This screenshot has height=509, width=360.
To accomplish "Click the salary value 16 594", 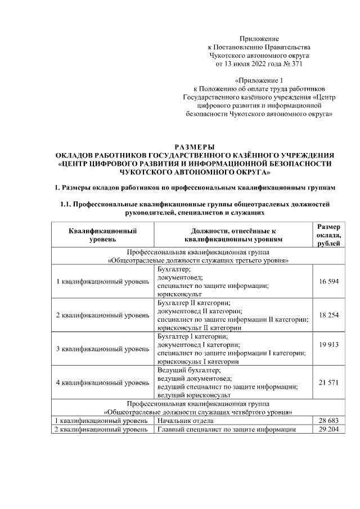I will coord(328,281).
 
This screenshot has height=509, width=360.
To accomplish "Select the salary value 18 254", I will coord(328,315).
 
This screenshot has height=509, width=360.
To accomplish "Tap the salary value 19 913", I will coord(328,344).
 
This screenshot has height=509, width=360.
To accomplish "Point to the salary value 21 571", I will coord(328,382).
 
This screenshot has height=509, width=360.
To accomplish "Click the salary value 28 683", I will coord(328,421).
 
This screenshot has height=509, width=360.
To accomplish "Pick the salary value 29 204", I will coord(328,429).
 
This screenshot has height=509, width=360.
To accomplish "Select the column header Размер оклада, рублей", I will coord(328,235).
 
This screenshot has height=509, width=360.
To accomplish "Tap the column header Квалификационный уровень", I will coord(103,235).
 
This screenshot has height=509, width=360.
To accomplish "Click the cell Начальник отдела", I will coord(185,421).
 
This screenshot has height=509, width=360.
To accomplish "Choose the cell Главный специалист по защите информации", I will coord(227,429).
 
